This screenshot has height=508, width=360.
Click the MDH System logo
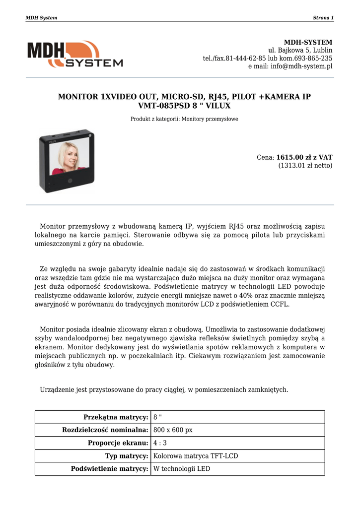(x=75, y=54)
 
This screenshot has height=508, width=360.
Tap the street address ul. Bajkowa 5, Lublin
(x=300, y=51)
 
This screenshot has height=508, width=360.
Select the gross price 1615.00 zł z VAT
(x=304, y=157)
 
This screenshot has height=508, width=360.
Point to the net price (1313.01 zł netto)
(x=305, y=166)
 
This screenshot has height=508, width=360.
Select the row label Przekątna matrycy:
(x=116, y=417)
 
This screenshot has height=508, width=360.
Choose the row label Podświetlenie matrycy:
(x=110, y=469)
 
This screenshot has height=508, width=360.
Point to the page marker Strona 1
(x=323, y=18)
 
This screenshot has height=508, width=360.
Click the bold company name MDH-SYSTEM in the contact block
(x=308, y=42)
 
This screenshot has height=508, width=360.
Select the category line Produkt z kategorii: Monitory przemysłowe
(x=184, y=119)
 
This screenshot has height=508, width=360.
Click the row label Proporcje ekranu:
(x=118, y=443)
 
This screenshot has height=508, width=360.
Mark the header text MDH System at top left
(x=41, y=18)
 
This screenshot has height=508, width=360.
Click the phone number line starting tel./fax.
(x=268, y=59)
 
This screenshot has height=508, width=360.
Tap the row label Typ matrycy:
(x=127, y=456)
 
